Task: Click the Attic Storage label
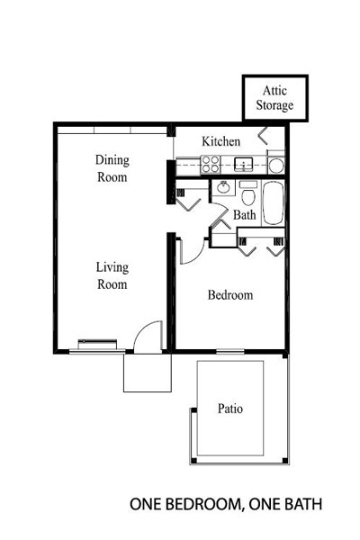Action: click(x=274, y=98)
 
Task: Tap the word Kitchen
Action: click(x=220, y=141)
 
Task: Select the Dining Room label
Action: click(x=112, y=169)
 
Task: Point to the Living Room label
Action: click(x=112, y=276)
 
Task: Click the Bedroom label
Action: click(x=229, y=295)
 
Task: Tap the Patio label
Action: click(x=229, y=409)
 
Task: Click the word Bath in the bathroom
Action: click(x=245, y=216)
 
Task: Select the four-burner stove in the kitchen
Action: click(x=211, y=164)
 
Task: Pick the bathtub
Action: click(x=272, y=202)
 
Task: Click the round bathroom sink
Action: click(x=221, y=190)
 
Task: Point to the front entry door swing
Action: click(x=145, y=340)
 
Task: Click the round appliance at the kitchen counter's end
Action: click(x=276, y=164)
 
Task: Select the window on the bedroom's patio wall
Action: click(x=229, y=350)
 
